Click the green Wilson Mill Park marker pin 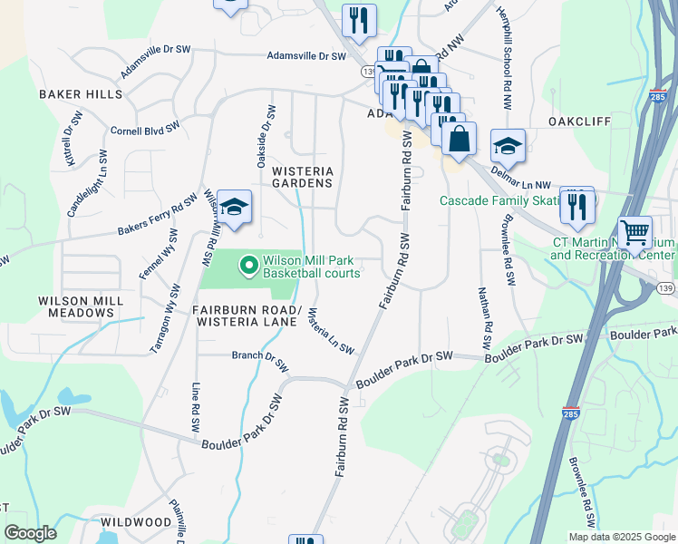(x=247, y=266)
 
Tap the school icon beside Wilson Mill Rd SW (x=234, y=209)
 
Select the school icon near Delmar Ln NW (x=508, y=146)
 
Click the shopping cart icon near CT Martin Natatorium (x=634, y=232)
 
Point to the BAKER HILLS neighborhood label (x=80, y=94)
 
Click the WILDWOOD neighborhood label (x=137, y=522)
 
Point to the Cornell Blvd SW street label (x=143, y=131)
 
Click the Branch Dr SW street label (x=260, y=361)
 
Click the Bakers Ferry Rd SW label (x=157, y=216)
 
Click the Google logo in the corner (x=31, y=533)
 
